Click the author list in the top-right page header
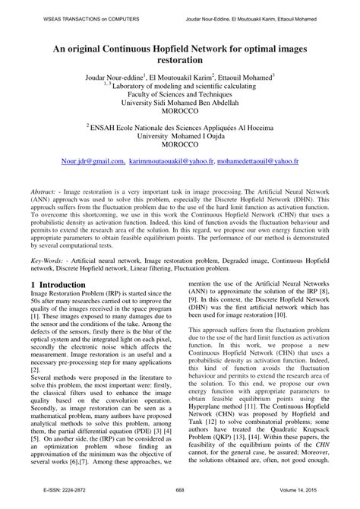270,10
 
